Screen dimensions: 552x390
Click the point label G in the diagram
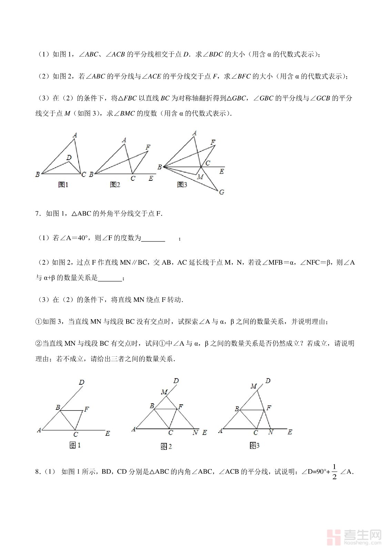pos(222,192)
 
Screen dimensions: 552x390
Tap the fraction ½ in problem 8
pos(334,472)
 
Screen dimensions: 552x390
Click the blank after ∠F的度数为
pos(153,238)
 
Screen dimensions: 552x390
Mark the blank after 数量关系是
pos(110,278)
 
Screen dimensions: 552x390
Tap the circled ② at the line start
pos(38,343)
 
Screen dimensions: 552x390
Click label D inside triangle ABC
pos(69,158)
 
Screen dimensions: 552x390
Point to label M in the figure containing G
pos(200,177)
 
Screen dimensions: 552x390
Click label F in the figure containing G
pos(213,142)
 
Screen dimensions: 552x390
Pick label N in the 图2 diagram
pos(196,432)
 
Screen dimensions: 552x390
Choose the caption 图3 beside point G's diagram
pos(182,185)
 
